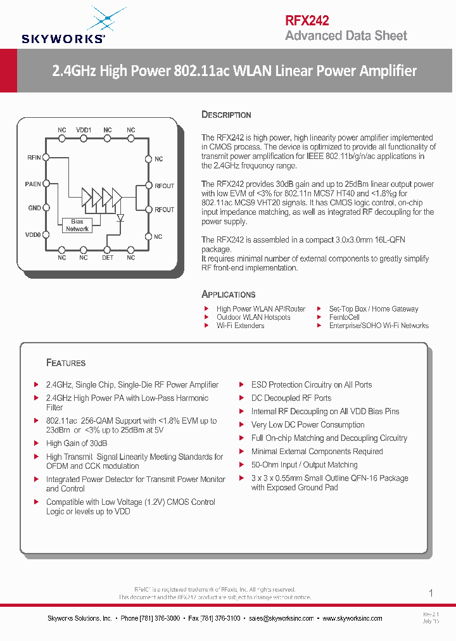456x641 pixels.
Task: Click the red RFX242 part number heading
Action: pos(307,20)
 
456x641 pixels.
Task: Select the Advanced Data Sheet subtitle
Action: pos(346,35)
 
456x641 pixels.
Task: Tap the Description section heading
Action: pos(226,115)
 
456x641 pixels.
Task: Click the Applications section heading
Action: pos(228,295)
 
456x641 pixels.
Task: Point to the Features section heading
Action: pos(66,363)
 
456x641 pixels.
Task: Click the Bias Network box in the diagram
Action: pos(77,225)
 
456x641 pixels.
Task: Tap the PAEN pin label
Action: pos(33,184)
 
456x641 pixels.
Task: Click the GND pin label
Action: pos(34,208)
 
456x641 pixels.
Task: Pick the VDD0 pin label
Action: pos(33,234)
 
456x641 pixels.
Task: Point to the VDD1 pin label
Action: pos(84,130)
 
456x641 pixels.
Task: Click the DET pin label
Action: pos(108,258)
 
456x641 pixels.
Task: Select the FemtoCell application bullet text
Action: pos(344,317)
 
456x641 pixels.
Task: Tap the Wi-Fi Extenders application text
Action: pos(240,326)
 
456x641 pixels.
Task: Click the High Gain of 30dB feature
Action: pos(77,443)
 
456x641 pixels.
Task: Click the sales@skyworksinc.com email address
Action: pos(281,618)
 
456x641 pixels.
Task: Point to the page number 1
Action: pos(431,593)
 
